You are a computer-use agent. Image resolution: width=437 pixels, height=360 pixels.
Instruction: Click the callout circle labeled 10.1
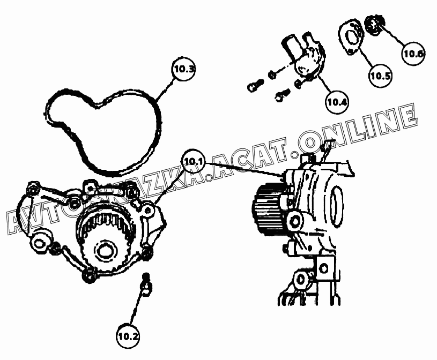point(194,161)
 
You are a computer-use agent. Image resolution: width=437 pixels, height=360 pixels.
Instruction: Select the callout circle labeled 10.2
point(128,336)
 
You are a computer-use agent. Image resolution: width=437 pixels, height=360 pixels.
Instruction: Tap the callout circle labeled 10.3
point(183,69)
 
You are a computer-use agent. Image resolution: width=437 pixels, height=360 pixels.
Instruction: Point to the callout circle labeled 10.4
point(337,102)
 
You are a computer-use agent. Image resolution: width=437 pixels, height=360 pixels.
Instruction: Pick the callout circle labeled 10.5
point(381,76)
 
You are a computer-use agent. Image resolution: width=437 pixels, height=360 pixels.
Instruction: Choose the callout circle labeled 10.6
point(413,54)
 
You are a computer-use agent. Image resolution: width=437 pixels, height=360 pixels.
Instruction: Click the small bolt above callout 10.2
point(146,285)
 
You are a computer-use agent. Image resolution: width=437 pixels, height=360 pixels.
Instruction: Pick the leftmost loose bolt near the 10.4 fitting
point(255,85)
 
